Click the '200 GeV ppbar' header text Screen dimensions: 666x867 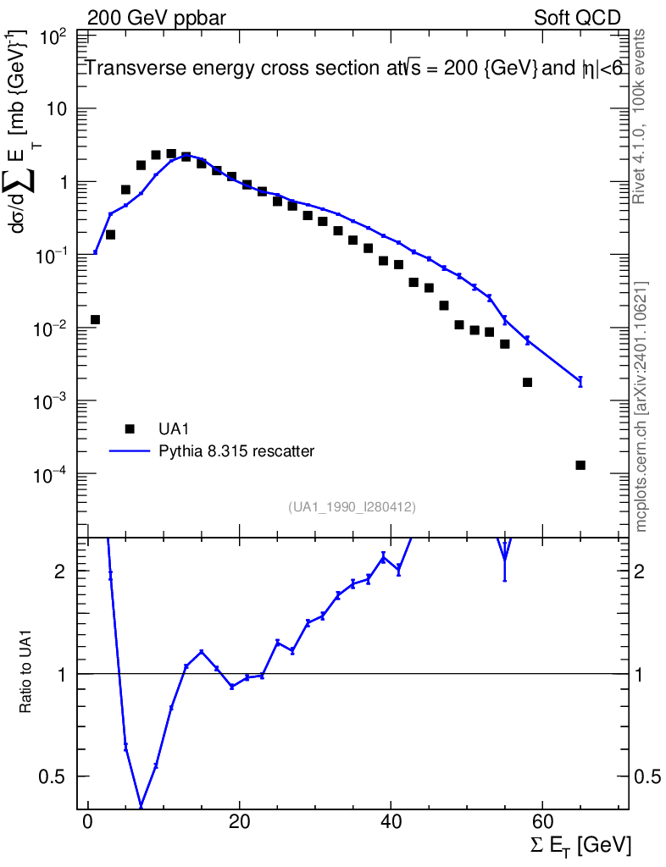point(157,18)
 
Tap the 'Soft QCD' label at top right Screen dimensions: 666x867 point(577,18)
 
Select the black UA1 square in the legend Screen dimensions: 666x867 point(130,429)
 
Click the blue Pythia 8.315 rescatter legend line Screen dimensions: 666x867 point(130,451)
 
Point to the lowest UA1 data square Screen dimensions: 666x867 point(580,465)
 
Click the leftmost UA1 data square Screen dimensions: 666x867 point(95,319)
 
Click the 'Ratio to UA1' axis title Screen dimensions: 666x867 point(25,673)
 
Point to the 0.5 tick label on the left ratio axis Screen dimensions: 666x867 point(51,776)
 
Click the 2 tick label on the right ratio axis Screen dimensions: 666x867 point(640,572)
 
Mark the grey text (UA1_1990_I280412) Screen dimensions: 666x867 point(352,506)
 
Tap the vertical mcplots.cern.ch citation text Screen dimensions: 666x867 point(641,407)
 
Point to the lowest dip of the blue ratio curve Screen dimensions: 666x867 point(141,806)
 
